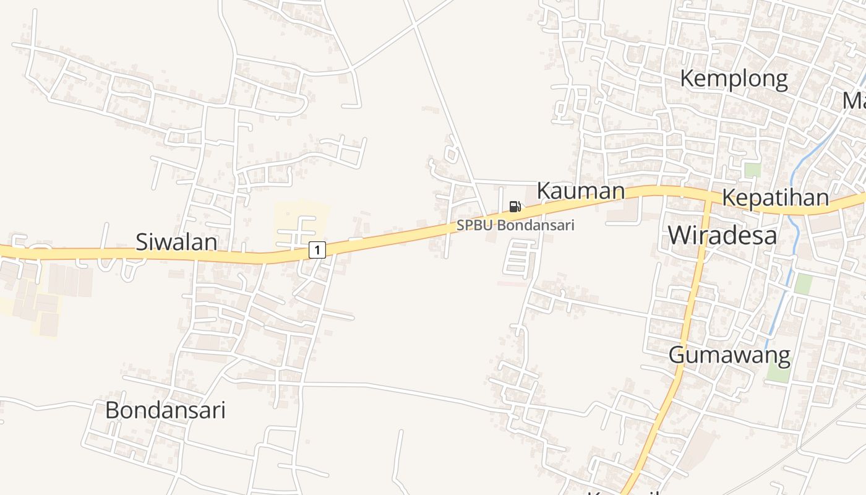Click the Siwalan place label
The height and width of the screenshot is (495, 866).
pos(176,242)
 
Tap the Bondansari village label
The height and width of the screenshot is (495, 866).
pos(165,410)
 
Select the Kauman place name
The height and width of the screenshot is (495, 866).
pos(580,191)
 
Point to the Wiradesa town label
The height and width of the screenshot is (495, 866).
pos(722,236)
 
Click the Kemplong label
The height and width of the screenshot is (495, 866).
pos(734,79)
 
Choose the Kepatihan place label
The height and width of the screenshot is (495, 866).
pos(775,198)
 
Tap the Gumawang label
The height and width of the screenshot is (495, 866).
pos(729,356)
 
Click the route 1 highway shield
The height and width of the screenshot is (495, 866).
pos(317,250)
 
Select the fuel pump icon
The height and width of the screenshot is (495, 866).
pos(515,206)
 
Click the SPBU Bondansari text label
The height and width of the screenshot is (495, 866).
pos(515,225)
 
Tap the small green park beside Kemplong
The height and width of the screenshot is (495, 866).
pos(752,170)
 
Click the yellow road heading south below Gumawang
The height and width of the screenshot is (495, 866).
pos(656,427)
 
